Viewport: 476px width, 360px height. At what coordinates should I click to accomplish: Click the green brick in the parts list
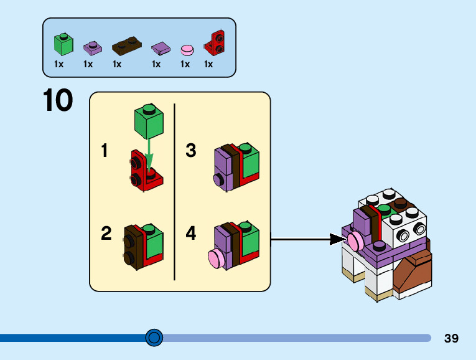tap(63, 44)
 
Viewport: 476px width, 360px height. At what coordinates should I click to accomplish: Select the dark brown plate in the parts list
tap(126, 46)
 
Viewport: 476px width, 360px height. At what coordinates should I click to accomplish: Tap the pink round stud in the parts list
tap(187, 49)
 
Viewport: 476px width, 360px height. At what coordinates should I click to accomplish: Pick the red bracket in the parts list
tap(215, 42)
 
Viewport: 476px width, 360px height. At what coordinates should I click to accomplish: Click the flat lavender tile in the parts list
tap(161, 48)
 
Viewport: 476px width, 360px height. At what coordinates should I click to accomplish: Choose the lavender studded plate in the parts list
tap(91, 47)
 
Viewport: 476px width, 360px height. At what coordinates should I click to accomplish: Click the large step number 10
tap(58, 101)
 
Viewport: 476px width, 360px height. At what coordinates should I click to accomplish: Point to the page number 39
tap(451, 338)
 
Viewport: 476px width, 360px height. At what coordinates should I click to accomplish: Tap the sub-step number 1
tap(105, 151)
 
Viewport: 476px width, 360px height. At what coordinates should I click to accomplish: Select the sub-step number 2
tap(106, 234)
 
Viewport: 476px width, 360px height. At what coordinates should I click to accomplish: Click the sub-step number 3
tap(191, 151)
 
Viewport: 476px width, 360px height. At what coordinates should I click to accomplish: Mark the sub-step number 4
tap(191, 234)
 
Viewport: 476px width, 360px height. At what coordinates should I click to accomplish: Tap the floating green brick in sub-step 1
tap(148, 122)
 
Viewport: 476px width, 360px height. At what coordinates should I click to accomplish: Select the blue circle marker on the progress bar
tap(154, 338)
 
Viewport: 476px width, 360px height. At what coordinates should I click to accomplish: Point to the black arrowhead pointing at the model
tap(339, 239)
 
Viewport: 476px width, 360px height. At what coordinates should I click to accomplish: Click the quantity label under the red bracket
tap(208, 64)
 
